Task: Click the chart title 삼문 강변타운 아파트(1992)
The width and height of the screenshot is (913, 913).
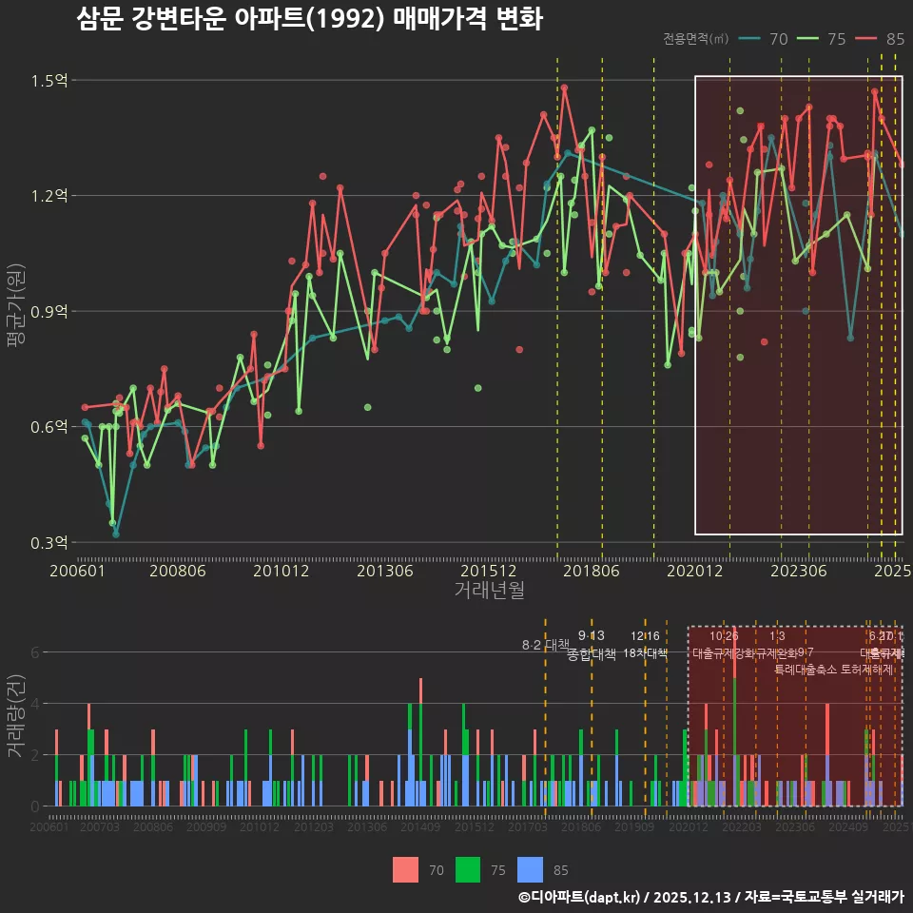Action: [309, 19]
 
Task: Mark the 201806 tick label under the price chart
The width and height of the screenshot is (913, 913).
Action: [591, 571]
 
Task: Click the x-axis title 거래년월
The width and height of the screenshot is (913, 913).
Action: [489, 591]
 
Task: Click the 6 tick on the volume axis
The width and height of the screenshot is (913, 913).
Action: [34, 652]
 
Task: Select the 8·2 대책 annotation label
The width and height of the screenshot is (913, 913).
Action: [545, 645]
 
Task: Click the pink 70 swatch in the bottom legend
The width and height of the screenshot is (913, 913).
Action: [405, 869]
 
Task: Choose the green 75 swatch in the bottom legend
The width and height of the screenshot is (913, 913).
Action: [467, 869]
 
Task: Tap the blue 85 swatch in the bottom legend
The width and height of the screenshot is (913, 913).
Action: [530, 869]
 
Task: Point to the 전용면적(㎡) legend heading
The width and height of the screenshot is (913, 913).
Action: [696, 39]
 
